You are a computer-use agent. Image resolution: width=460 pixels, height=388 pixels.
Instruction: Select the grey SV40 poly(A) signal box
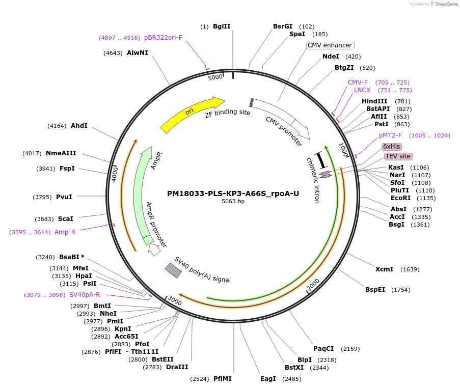(x=173, y=270)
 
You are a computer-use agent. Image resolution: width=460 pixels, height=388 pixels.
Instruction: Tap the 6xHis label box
(x=392, y=147)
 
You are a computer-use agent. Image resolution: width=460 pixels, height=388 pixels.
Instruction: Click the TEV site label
(x=398, y=156)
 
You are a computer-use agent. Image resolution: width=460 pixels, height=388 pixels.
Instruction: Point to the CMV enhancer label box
(x=330, y=45)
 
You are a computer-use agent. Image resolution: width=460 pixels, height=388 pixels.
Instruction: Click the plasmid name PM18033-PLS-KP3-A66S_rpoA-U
(x=233, y=193)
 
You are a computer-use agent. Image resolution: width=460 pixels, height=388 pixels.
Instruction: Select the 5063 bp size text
(x=233, y=202)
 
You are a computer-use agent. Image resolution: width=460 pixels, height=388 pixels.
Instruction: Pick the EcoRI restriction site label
(x=400, y=198)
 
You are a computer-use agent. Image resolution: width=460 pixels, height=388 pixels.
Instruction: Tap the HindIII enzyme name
(x=374, y=101)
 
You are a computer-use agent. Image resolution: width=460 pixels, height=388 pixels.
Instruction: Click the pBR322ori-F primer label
(x=163, y=38)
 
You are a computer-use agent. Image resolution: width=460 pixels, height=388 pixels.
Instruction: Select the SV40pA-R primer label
(x=85, y=295)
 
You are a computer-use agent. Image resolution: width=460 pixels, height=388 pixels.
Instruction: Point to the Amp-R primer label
(x=65, y=232)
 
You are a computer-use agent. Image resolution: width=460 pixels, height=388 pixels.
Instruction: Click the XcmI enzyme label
(x=384, y=269)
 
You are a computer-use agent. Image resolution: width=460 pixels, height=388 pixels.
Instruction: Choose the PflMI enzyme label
(x=223, y=379)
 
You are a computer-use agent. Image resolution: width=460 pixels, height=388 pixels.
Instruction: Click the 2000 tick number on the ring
(x=313, y=286)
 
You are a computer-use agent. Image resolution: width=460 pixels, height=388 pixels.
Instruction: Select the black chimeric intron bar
(x=321, y=159)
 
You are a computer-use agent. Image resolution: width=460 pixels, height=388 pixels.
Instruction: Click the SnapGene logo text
(x=446, y=4)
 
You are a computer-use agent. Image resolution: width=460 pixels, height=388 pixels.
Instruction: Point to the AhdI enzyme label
(x=79, y=126)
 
